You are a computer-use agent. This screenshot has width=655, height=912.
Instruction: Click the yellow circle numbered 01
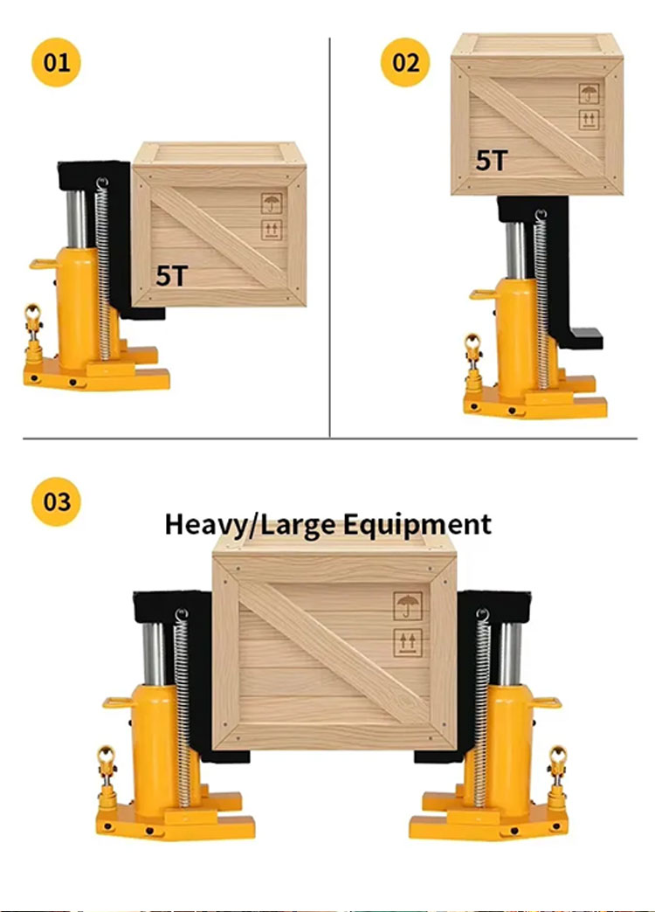pos(57,63)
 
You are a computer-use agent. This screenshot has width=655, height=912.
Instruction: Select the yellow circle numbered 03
pos(57,502)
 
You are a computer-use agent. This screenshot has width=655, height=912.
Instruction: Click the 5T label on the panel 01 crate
pos(171,275)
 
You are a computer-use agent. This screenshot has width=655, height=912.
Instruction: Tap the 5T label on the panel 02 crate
pos(492,160)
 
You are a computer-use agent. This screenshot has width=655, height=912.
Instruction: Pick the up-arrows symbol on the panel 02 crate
pos(589,120)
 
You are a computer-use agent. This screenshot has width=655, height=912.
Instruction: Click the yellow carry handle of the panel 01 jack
pos(42,263)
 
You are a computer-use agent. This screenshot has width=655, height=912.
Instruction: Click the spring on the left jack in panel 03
pos(182,699)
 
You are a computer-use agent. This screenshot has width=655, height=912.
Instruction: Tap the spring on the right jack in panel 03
pos(480,699)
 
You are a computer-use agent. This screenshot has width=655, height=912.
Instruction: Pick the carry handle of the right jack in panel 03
pos(546,701)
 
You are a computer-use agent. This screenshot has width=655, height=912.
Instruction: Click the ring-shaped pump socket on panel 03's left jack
pos(107,757)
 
